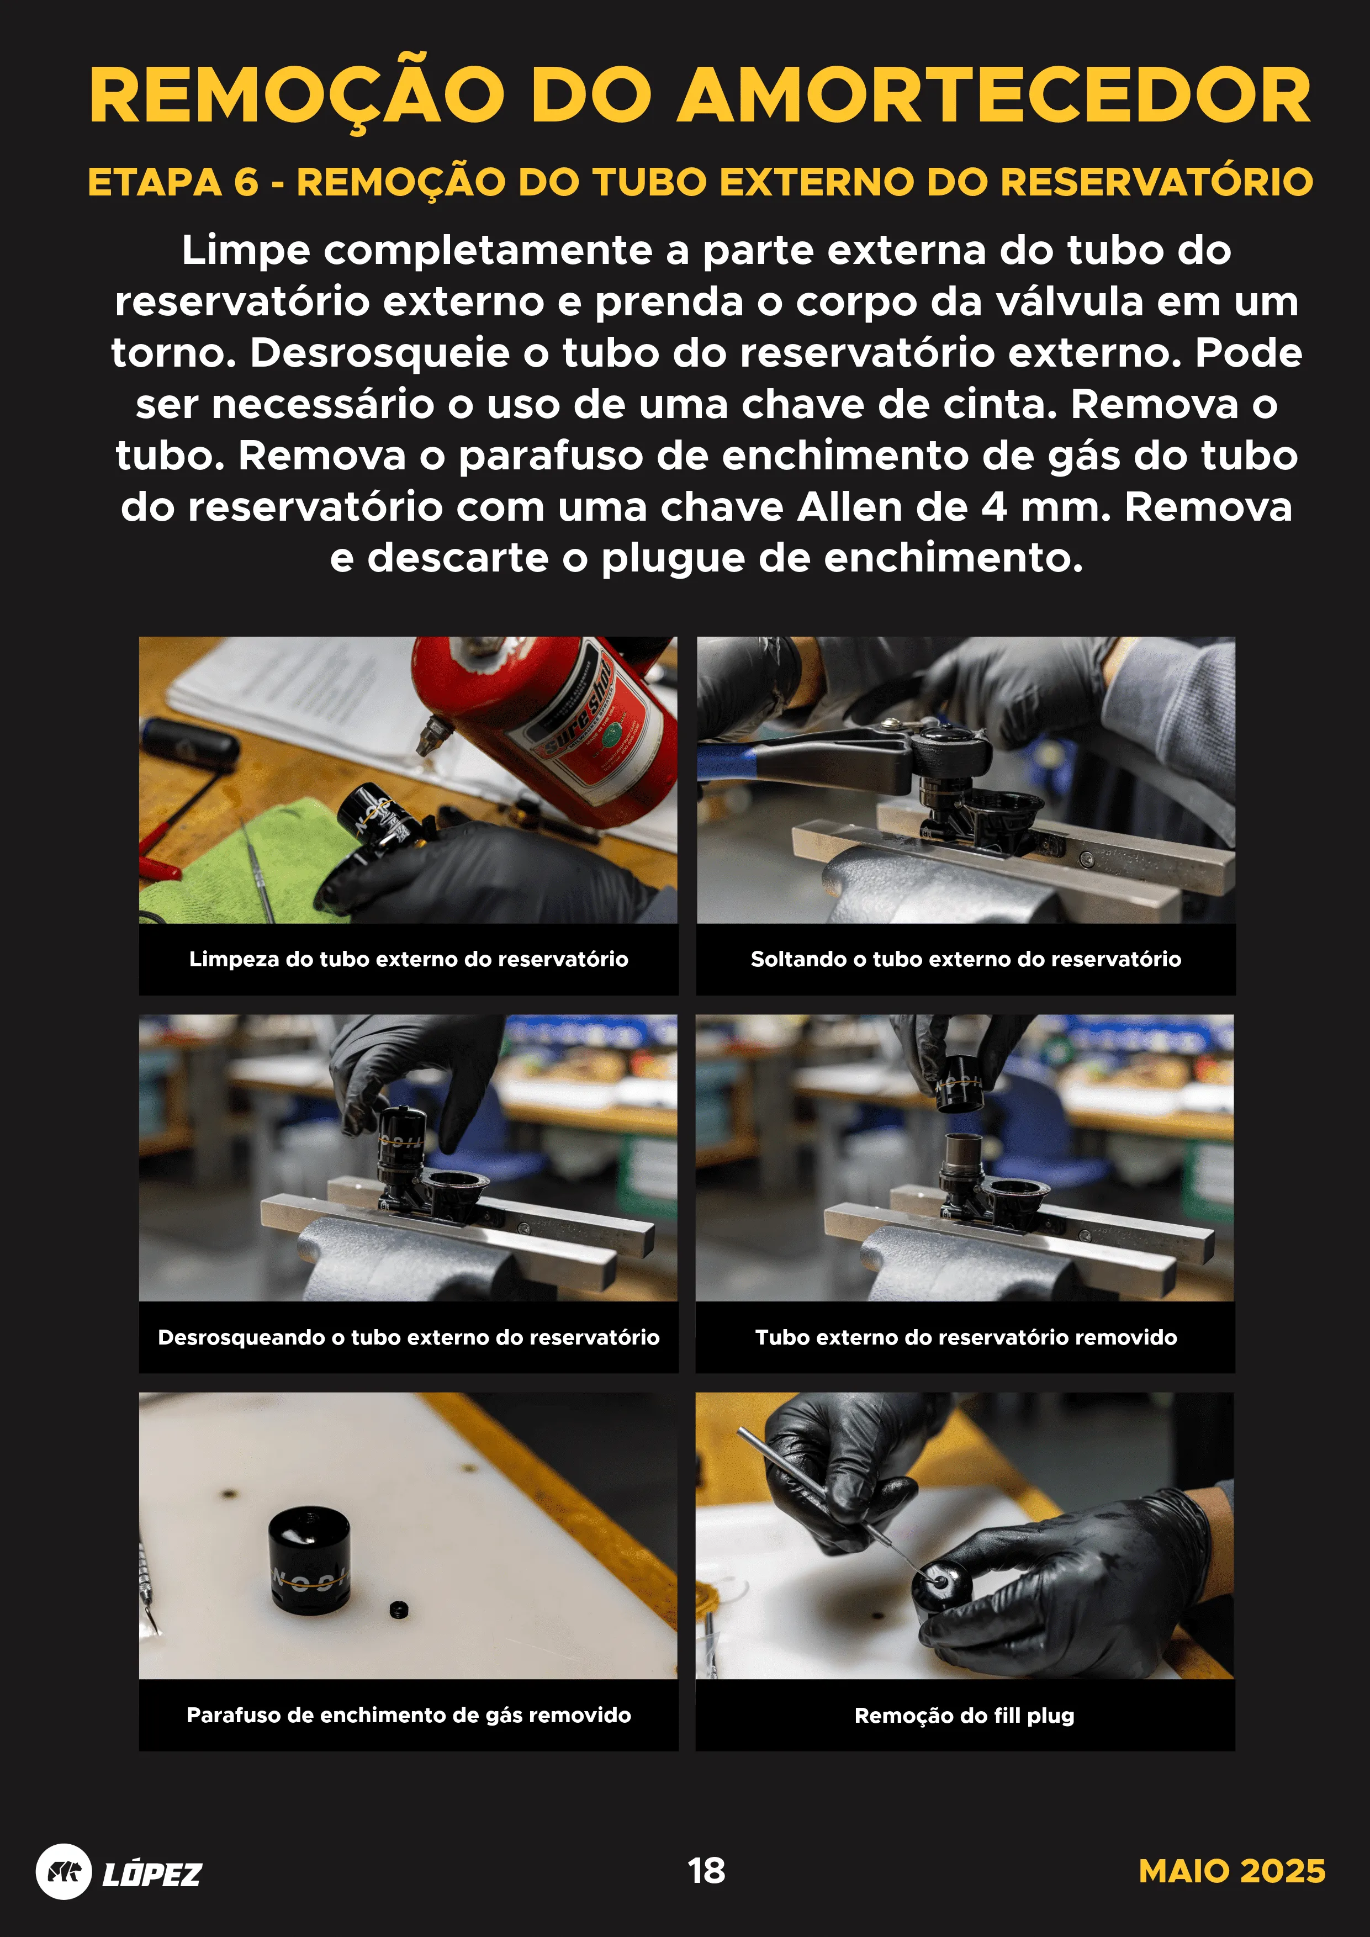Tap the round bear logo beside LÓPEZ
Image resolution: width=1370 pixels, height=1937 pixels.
64,1871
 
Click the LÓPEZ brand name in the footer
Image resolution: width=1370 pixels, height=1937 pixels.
152,1874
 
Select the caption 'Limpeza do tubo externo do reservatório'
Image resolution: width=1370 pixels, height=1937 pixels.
408,959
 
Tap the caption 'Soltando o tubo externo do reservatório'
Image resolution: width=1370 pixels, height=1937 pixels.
965,959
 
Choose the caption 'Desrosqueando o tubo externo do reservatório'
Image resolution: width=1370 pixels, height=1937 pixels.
408,1337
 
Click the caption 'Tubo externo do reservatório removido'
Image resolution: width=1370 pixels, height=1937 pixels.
965,1337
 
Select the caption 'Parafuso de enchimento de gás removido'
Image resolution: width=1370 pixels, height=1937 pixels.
408,1715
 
